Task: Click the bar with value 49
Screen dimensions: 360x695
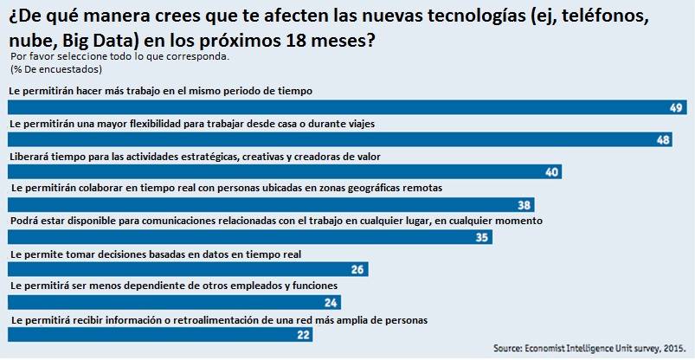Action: click(346, 107)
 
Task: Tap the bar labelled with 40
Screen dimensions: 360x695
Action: click(286, 172)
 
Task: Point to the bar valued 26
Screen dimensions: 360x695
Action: click(186, 270)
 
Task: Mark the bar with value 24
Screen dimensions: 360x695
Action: click(173, 303)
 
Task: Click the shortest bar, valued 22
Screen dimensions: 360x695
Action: click(159, 335)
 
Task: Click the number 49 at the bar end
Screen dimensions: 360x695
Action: click(676, 107)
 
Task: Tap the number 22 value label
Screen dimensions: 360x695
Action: click(302, 335)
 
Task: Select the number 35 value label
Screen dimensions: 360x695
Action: click(483, 237)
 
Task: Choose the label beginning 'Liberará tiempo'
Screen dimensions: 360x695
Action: click(195, 157)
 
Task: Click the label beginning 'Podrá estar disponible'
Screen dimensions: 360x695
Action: click(275, 222)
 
